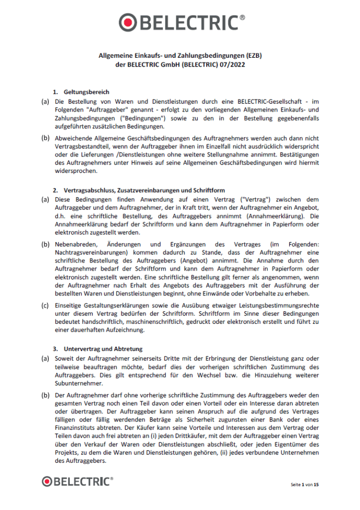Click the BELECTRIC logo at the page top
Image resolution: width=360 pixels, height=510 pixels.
182,22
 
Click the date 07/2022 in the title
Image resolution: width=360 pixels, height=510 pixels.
234,64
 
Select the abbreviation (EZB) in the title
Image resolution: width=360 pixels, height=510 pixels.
252,56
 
